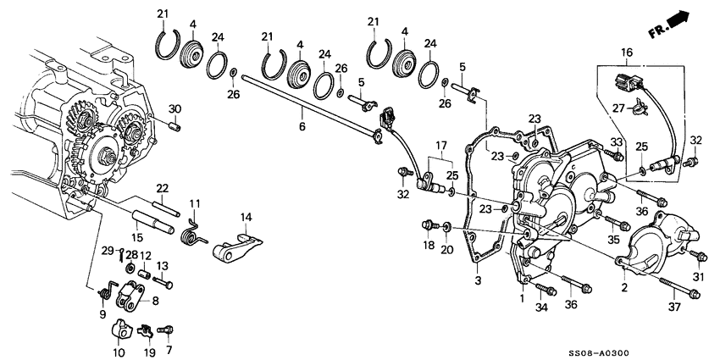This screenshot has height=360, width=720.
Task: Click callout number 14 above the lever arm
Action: (246, 218)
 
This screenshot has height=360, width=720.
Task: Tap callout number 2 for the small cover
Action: (627, 288)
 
